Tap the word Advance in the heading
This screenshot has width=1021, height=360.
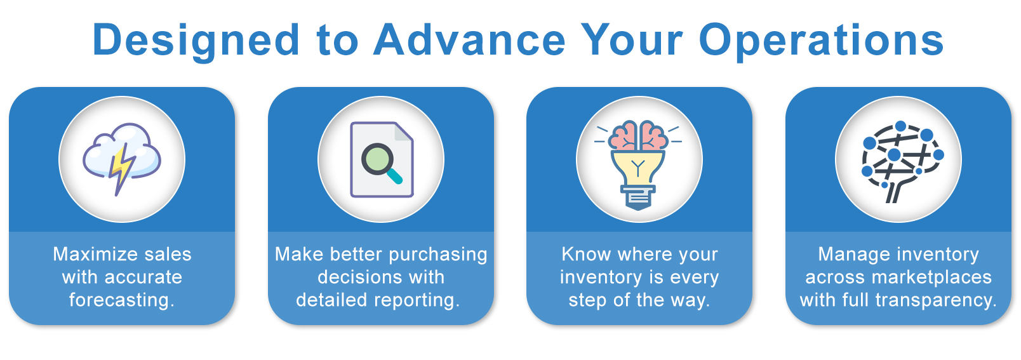tap(469, 39)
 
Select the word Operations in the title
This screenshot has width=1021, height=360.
tap(821, 41)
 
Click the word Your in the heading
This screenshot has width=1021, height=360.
tap(631, 39)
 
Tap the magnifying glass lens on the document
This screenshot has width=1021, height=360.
tap(377, 159)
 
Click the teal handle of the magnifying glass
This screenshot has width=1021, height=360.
tap(395, 177)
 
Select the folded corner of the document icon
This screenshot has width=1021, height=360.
tap(403, 131)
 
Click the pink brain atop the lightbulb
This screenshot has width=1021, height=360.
tap(639, 135)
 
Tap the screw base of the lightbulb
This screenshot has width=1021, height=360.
tap(639, 197)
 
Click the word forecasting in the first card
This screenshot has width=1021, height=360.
tap(122, 300)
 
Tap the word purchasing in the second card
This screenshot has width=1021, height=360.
tap(438, 255)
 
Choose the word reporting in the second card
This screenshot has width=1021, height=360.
tap(417, 300)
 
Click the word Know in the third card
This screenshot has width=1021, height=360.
tap(586, 254)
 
